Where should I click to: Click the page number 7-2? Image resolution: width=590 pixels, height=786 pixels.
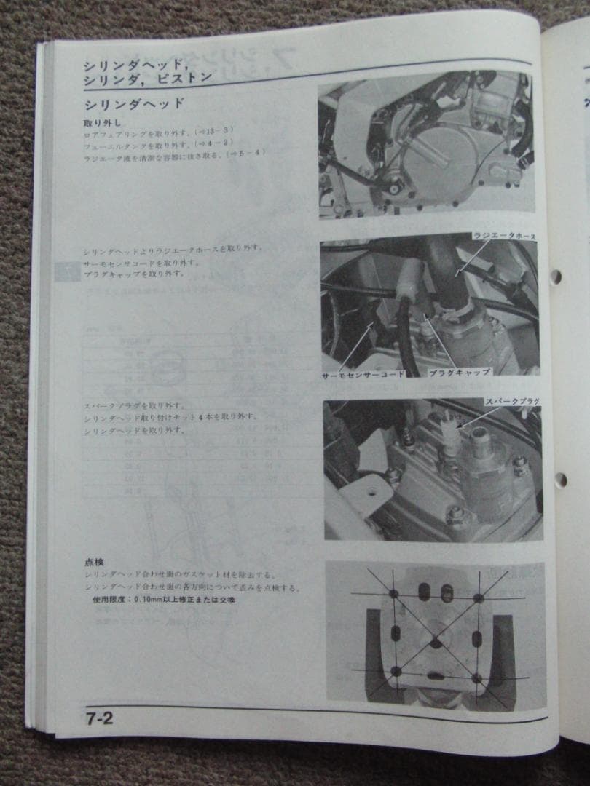pos(98,718)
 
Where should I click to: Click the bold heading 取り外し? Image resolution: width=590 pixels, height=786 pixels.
pos(99,122)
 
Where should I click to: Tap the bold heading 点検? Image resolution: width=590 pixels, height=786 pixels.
pos(94,562)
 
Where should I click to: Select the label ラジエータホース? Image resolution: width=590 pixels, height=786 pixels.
pos(505,236)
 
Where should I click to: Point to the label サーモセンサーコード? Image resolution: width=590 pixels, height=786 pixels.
pos(363,376)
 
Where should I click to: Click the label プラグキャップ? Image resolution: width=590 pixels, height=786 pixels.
pos(459,371)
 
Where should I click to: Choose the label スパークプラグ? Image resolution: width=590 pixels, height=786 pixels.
pos(512,402)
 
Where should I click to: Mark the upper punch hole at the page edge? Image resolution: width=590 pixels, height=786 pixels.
pos(555,277)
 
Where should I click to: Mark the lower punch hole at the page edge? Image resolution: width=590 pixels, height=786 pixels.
pos(559,480)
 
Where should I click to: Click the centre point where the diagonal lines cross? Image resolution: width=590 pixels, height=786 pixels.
pos(436,642)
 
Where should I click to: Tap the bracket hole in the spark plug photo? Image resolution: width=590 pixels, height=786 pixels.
pos(372,491)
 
